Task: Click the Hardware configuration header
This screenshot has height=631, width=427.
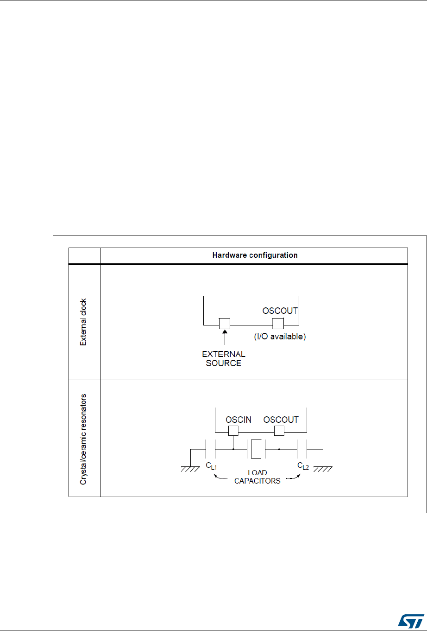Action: (255, 255)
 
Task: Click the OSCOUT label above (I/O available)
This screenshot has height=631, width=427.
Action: (281, 311)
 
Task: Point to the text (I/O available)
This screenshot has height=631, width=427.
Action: (280, 337)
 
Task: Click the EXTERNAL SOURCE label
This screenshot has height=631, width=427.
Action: (224, 358)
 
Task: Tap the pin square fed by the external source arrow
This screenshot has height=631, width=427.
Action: (224, 323)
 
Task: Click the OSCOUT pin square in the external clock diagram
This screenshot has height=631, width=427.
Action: (277, 323)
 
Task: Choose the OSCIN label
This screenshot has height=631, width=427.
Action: (238, 420)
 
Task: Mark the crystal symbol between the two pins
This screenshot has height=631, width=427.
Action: (256, 449)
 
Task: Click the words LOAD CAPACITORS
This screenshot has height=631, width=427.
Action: (257, 477)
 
